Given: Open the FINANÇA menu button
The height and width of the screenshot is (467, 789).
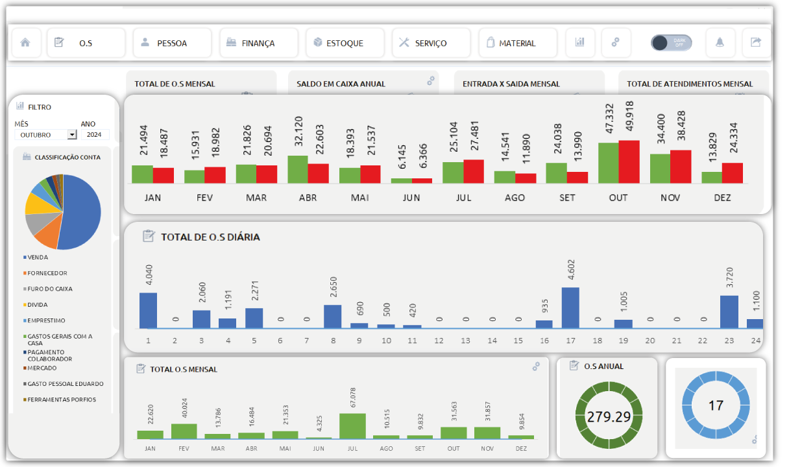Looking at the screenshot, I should tap(258, 43).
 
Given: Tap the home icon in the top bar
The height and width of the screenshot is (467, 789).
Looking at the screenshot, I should tap(25, 43).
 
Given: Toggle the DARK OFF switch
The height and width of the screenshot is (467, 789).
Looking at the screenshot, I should tap(671, 43).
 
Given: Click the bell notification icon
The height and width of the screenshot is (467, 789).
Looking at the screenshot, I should tap(720, 43).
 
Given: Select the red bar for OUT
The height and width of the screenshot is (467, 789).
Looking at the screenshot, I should tap(629, 162).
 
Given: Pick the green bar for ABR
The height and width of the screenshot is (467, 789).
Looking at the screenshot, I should tap(297, 169).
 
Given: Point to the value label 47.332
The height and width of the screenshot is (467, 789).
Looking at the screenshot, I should tap(609, 118).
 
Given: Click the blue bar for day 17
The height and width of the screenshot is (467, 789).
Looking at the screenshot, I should tap(570, 307).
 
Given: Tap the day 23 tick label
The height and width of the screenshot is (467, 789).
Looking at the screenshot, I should tap(729, 341).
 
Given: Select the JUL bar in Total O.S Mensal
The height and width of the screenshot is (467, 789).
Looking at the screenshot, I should tap(352, 425).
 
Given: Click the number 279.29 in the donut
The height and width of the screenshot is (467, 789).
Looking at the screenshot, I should tap(609, 416).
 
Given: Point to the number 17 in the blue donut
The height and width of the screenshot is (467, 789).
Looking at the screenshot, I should tap(716, 406).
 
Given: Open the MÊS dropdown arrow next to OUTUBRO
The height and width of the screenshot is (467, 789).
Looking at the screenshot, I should tap(72, 135).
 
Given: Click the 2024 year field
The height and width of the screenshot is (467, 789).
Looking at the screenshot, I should tap(94, 135).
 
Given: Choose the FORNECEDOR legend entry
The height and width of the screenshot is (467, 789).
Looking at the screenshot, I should tap(47, 273).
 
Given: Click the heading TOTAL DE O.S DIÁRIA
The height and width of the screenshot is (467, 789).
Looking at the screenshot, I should tap(210, 237).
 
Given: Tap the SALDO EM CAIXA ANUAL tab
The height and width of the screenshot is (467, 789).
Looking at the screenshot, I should tap(341, 84).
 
